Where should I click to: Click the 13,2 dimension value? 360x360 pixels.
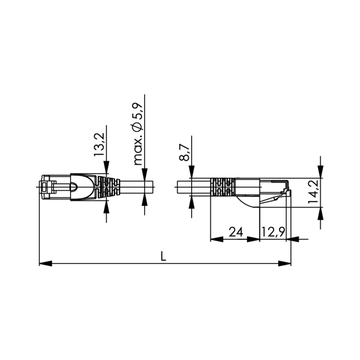pyautogui.click(x=99, y=144)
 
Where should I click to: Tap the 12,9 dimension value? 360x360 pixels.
pyautogui.click(x=273, y=232)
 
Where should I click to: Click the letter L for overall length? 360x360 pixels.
pyautogui.click(x=164, y=256)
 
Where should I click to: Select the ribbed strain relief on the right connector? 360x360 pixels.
pyautogui.click(x=223, y=187)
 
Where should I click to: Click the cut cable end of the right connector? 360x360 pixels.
pyautogui.click(x=177, y=187)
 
